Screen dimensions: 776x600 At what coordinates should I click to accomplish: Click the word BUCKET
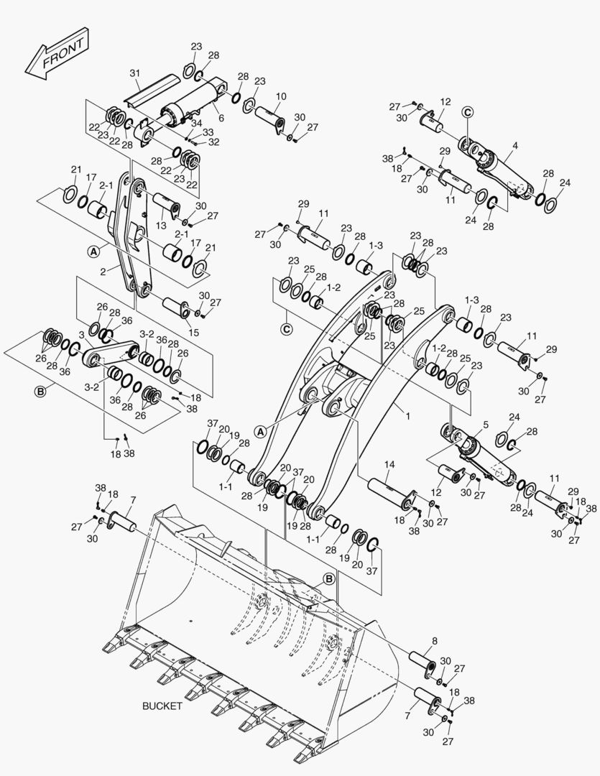162,706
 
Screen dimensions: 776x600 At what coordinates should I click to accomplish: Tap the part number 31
134,74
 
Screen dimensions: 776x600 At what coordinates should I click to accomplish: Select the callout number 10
280,96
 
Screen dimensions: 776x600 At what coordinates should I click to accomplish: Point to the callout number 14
389,466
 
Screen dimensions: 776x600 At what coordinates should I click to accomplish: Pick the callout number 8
434,640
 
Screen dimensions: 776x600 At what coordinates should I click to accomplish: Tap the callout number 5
486,425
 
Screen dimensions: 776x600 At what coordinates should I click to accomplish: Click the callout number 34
196,123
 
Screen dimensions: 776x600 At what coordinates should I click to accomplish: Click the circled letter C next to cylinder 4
468,111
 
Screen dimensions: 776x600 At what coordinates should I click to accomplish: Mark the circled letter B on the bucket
328,578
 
